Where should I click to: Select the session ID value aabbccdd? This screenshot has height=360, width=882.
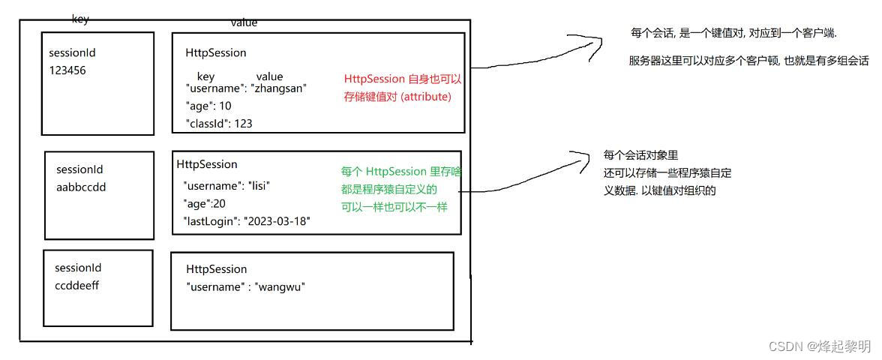point(81,187)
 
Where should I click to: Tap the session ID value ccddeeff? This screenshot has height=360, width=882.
point(77,284)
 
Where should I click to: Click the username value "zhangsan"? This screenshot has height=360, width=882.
point(278,88)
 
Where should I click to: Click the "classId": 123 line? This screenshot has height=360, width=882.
point(218,124)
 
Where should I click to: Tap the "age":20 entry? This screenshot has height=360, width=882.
point(204,202)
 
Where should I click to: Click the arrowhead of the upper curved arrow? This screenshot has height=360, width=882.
point(600,40)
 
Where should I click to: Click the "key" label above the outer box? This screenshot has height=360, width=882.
point(80,19)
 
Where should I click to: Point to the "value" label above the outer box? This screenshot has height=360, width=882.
point(244,22)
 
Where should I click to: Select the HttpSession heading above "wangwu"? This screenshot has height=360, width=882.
point(216,268)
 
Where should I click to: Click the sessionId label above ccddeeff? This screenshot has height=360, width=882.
point(78,268)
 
